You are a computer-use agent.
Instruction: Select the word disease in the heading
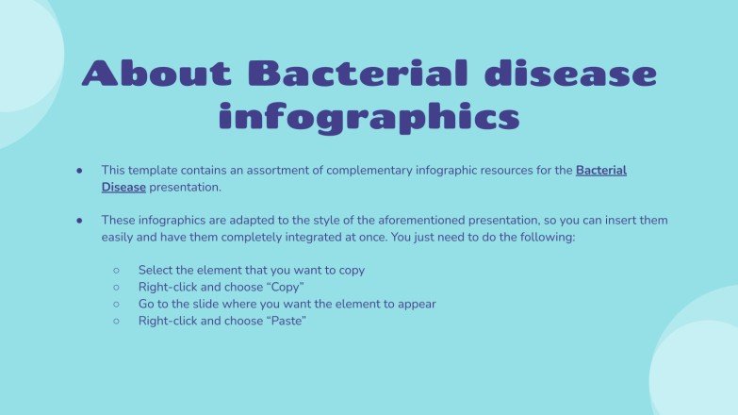click(577, 74)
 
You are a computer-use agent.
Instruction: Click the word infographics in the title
click(369, 118)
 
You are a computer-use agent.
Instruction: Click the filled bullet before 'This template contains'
click(80, 171)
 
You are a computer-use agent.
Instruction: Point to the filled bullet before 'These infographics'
click(80, 221)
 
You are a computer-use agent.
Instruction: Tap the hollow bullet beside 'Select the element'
click(116, 271)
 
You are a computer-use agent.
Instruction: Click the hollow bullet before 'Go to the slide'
click(116, 305)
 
